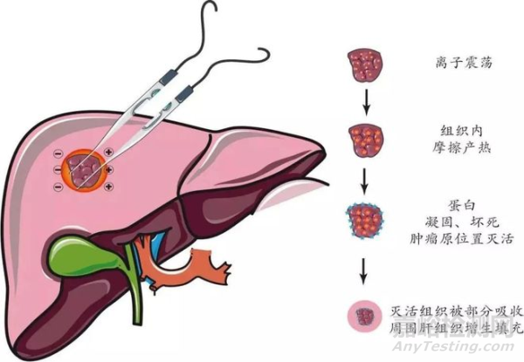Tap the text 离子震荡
464,63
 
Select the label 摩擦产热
462,147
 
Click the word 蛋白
462,206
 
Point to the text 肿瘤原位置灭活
462,239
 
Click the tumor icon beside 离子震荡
365,65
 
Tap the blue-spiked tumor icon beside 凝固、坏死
364,220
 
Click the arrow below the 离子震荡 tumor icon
367,102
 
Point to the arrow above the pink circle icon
364,270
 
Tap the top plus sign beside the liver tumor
108,152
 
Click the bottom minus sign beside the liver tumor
59,186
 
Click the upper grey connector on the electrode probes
167,77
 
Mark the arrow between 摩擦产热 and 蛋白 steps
365,181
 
